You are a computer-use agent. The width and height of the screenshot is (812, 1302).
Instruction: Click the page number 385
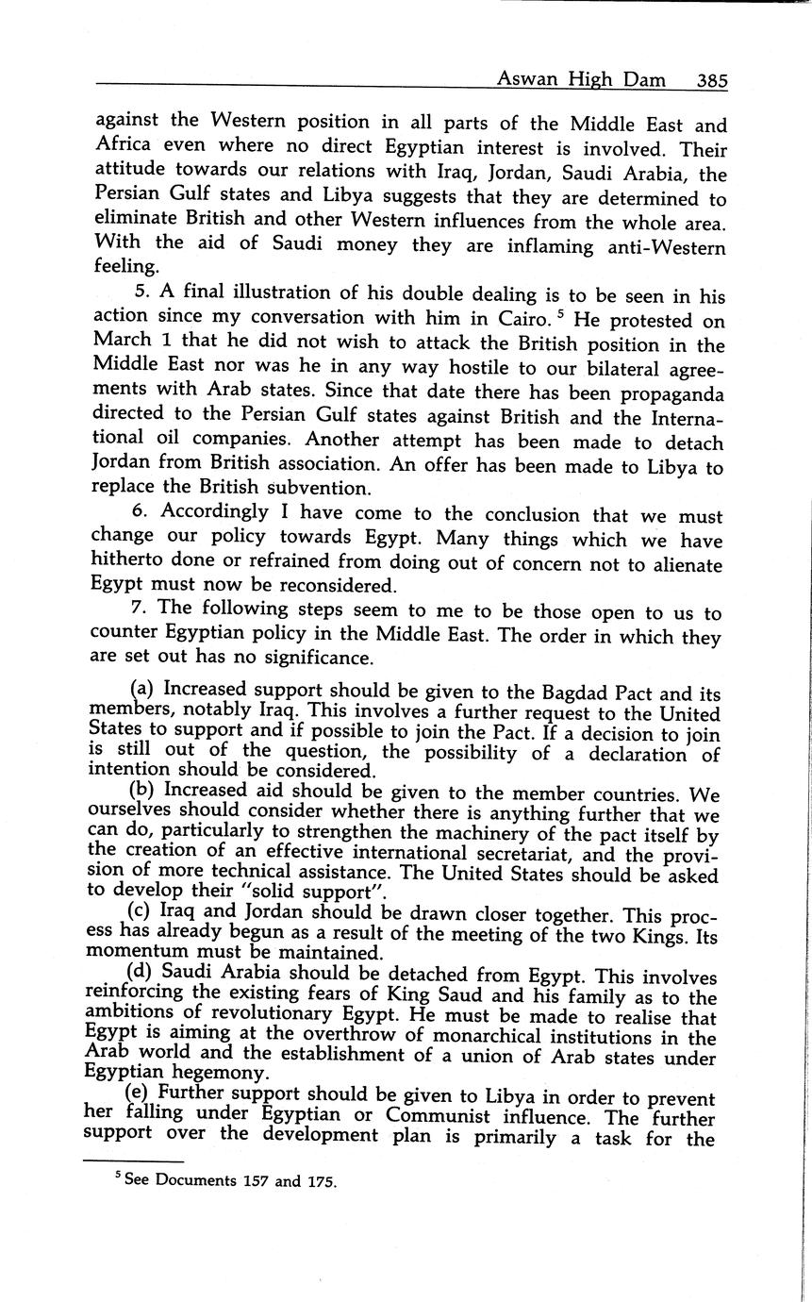pyautogui.click(x=711, y=81)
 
